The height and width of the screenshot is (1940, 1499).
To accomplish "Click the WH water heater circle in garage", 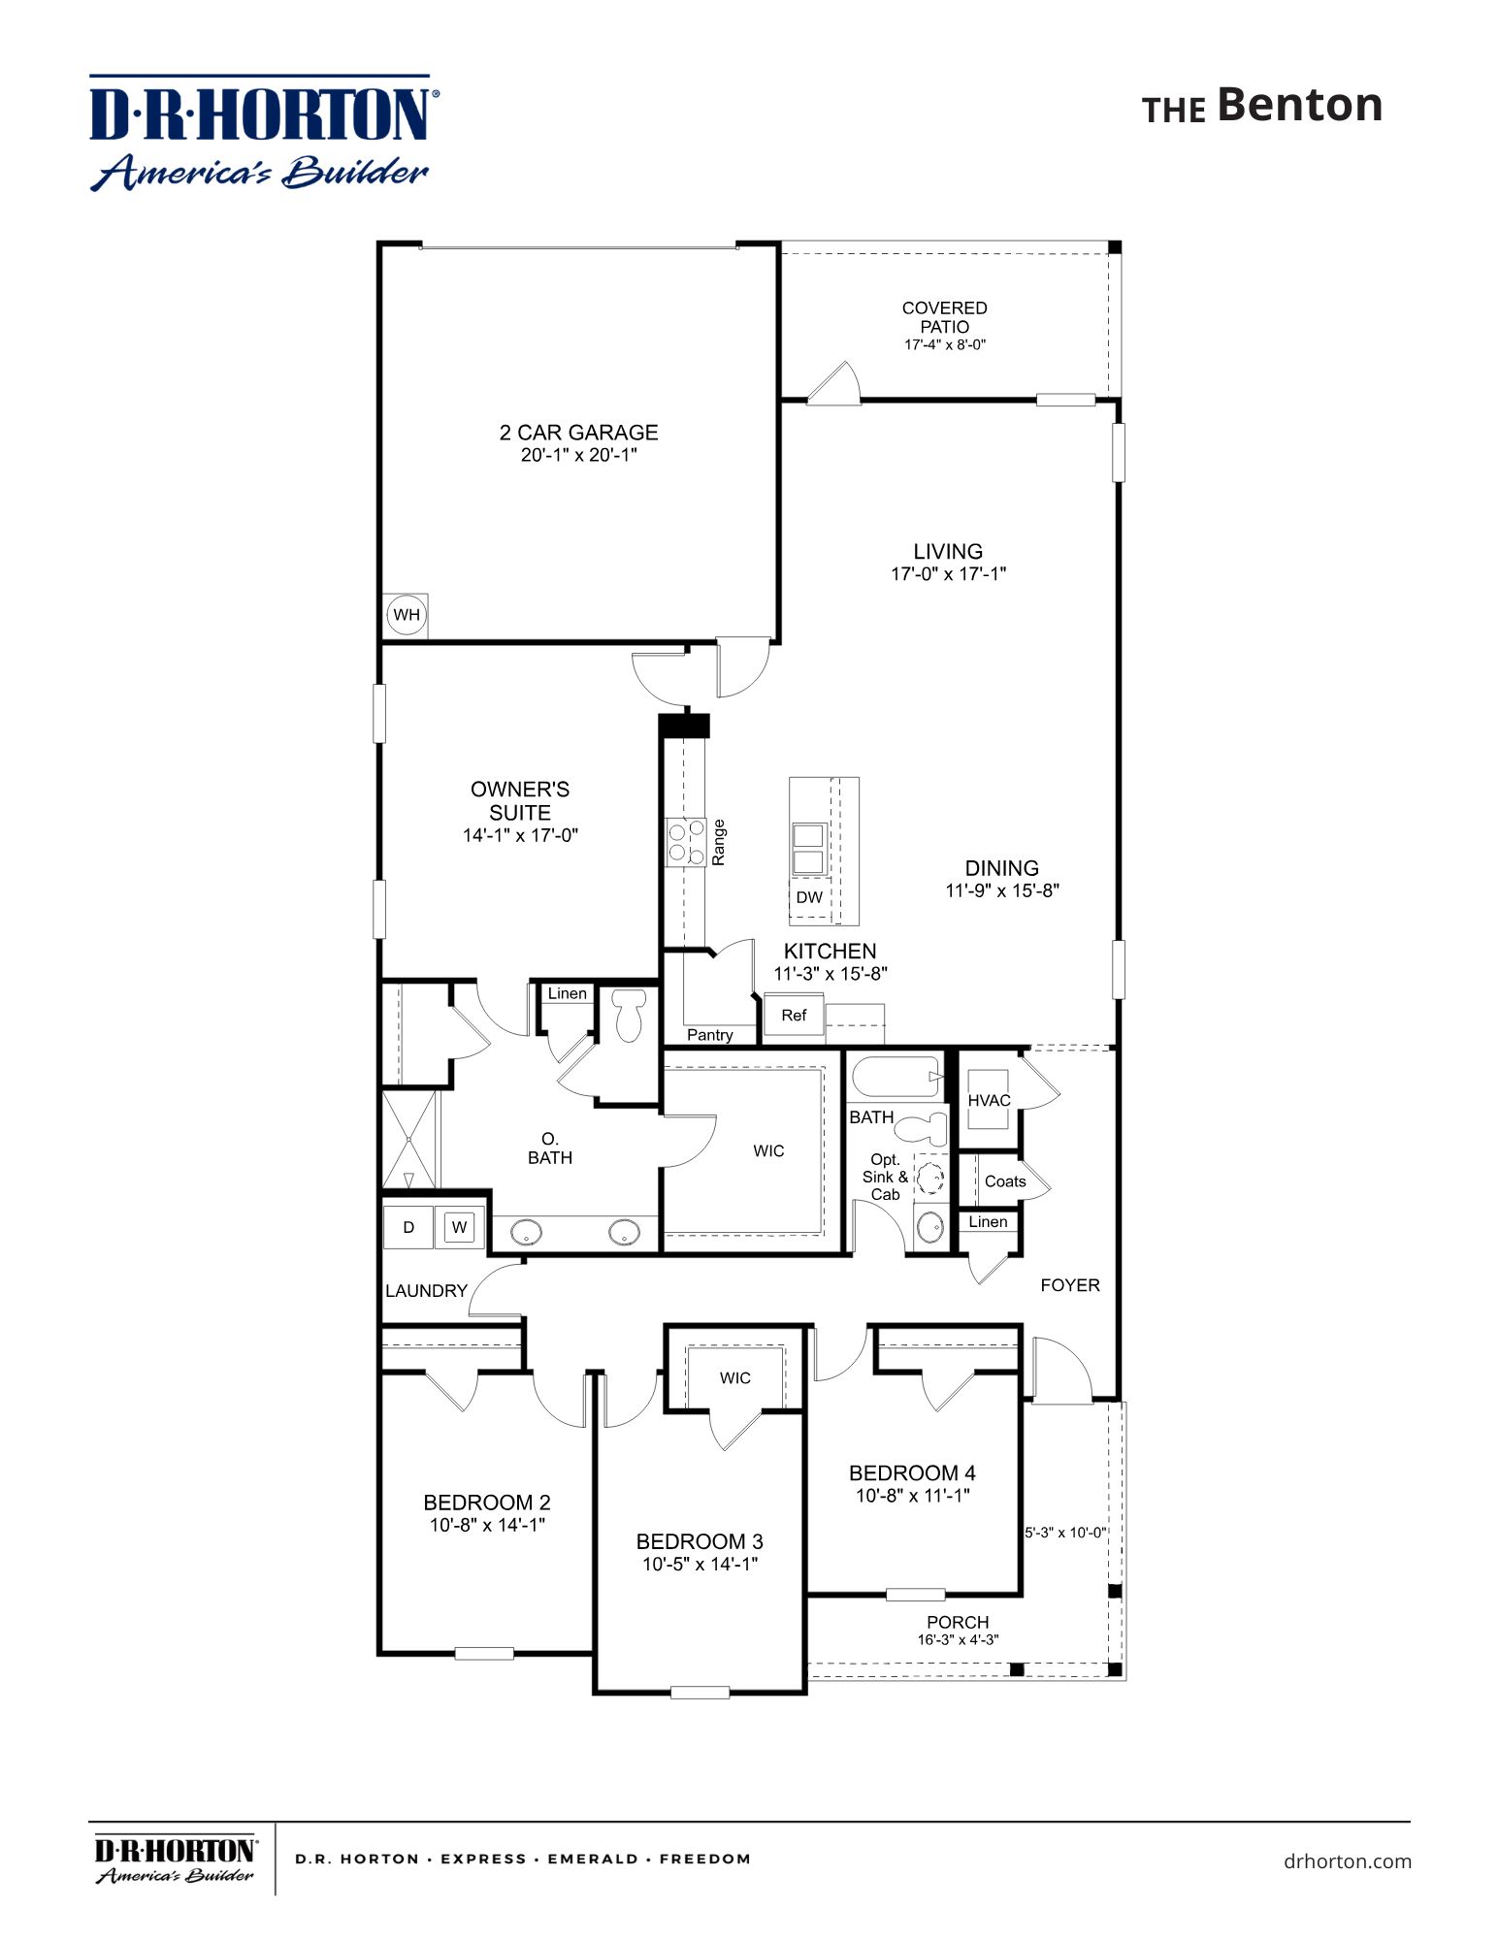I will tap(407, 615).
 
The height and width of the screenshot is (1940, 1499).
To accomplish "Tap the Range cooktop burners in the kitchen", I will tap(686, 842).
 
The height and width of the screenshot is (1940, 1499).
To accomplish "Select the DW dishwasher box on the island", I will tap(809, 897).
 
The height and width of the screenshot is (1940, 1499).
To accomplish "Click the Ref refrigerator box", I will tap(794, 1016).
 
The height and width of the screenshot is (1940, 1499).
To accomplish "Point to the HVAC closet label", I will tap(989, 1100).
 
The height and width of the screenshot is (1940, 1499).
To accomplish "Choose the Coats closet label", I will tap(1004, 1181).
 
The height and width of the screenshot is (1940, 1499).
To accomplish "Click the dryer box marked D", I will tap(408, 1227).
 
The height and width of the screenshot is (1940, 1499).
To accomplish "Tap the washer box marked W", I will tap(459, 1227).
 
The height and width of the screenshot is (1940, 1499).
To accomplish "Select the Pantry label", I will tap(709, 1035).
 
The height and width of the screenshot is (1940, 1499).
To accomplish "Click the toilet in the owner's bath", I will tap(629, 1016).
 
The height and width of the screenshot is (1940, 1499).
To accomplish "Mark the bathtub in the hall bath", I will tap(896, 1077).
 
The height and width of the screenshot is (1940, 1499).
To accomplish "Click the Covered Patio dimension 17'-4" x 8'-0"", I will tap(944, 344).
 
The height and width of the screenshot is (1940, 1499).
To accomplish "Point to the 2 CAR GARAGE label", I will tap(578, 433).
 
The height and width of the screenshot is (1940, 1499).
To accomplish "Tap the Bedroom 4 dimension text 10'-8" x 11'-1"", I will tap(912, 1496).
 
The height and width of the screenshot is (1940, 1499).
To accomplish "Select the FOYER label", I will tap(1069, 1285).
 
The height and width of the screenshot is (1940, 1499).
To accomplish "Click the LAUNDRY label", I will tap(426, 1291).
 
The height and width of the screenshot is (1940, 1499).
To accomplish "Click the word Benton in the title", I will tap(1299, 105).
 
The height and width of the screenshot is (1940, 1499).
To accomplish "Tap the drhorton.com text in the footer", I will tap(1347, 1861).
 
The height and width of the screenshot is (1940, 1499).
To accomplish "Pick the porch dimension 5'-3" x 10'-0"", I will tap(1065, 1533).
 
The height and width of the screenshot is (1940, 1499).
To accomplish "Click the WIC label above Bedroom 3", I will tap(734, 1378).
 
